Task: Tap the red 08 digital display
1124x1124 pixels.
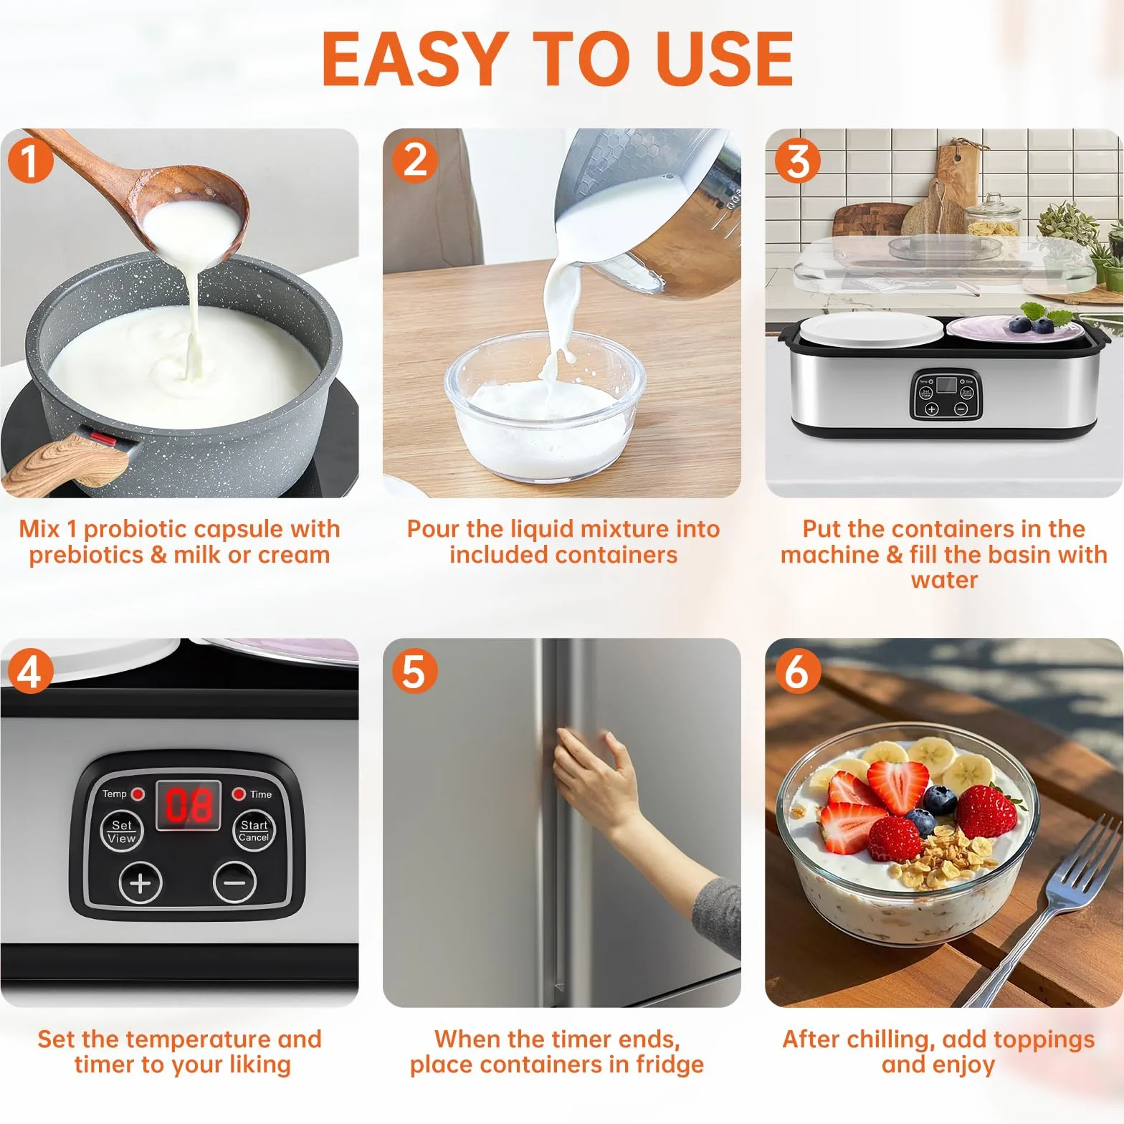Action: pos(189,805)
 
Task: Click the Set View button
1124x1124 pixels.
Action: pos(121,832)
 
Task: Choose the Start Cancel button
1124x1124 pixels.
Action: pos(254,832)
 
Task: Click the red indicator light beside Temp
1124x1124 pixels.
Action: pos(138,794)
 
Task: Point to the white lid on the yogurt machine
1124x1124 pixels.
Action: pos(872,330)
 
